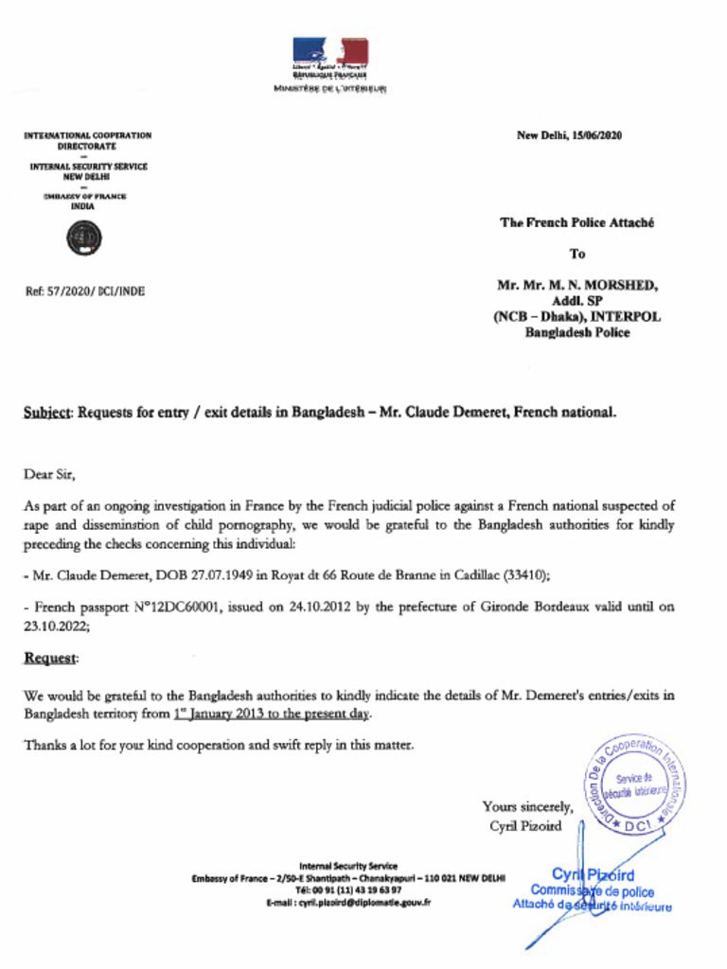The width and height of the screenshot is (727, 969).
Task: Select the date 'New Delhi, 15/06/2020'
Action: click(569, 135)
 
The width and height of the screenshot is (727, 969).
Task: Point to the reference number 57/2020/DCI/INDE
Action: click(84, 291)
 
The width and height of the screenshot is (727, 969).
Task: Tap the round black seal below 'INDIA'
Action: click(85, 238)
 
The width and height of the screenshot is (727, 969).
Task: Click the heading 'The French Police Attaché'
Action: click(576, 223)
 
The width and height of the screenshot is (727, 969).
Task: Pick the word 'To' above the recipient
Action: click(576, 254)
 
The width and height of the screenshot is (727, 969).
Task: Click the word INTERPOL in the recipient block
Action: click(626, 317)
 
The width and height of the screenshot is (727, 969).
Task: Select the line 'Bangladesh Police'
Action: click(576, 332)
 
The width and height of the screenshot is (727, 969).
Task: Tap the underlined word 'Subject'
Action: click(47, 413)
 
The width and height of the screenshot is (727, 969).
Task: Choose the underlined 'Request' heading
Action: click(50, 659)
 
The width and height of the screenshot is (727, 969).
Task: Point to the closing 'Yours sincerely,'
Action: click(527, 806)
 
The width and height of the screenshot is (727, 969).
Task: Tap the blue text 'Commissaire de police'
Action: click(592, 890)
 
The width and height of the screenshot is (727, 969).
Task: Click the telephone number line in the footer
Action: click(348, 890)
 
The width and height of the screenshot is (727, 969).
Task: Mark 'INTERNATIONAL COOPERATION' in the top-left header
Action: click(87, 135)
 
